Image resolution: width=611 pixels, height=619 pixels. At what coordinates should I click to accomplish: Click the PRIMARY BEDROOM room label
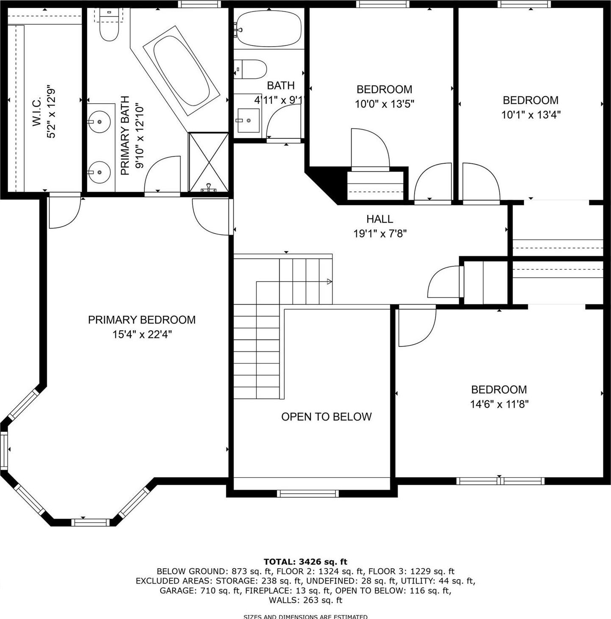tap(142, 320)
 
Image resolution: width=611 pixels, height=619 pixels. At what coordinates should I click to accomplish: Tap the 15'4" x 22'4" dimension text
tap(142, 334)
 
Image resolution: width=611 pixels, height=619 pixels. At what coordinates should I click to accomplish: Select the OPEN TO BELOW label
tap(326, 417)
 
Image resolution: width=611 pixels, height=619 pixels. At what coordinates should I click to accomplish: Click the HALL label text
tap(380, 219)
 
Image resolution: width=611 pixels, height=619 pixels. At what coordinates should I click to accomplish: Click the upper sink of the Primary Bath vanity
tap(100, 122)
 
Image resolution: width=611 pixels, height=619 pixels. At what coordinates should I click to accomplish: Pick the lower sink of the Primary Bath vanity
tap(100, 172)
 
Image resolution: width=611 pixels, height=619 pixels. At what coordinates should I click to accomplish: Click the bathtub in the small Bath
tap(268, 29)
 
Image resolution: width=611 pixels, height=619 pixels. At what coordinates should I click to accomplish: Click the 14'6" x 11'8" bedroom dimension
tap(499, 404)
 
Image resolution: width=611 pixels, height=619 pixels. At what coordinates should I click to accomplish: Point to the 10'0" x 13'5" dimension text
tap(384, 104)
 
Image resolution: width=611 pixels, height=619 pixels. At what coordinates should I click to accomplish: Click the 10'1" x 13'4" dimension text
tap(531, 115)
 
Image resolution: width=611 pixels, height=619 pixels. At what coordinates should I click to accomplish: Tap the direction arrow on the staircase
tap(329, 282)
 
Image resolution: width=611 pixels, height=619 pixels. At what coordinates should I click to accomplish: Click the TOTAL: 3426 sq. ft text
tap(305, 562)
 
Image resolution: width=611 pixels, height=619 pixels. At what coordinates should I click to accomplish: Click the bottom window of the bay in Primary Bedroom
tap(91, 522)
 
